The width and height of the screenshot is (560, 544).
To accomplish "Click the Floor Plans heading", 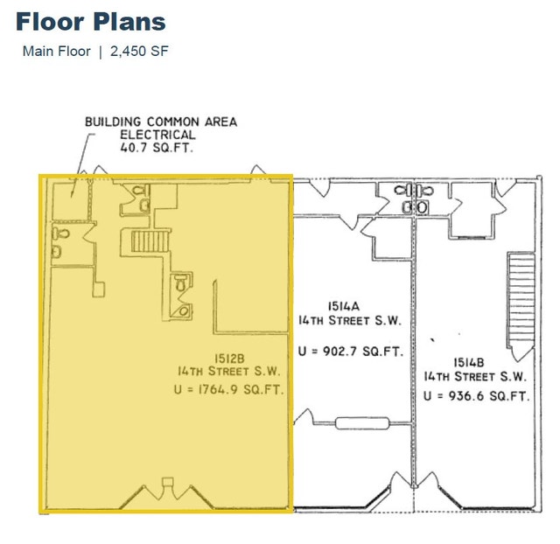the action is pos(91,22).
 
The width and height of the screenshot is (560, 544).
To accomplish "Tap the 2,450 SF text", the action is pos(139,52).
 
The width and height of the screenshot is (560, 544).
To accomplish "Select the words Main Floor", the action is pos(56,52).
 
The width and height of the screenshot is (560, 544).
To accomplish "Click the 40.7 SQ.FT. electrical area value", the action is pos(157,148).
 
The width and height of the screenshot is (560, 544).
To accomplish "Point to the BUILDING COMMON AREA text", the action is pos(161,122).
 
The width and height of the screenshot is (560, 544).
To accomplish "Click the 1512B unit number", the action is pos(229,358).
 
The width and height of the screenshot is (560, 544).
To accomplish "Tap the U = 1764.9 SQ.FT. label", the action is pos(229,389).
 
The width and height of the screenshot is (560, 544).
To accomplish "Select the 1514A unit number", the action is pos(344,306).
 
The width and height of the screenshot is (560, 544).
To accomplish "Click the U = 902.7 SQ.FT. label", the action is pos(351,352).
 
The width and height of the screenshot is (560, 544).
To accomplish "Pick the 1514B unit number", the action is pos(469,363).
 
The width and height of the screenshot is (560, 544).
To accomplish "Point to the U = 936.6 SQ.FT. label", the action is pos(476,396).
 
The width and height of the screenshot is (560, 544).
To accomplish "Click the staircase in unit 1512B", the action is pos(150,241).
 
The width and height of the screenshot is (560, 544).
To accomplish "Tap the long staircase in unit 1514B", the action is pos(521,300).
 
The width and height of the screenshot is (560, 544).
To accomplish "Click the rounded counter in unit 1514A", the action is pos(362,423).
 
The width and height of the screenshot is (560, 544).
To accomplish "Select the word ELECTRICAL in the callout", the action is pos(157,135).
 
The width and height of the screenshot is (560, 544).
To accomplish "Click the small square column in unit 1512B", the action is pos(99,289).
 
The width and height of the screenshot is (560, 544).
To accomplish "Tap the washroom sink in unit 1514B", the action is pos(422,207).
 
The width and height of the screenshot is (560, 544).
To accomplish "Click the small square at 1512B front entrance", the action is pos(167,482).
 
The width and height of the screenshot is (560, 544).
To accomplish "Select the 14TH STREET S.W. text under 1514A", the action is pos(350,321).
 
